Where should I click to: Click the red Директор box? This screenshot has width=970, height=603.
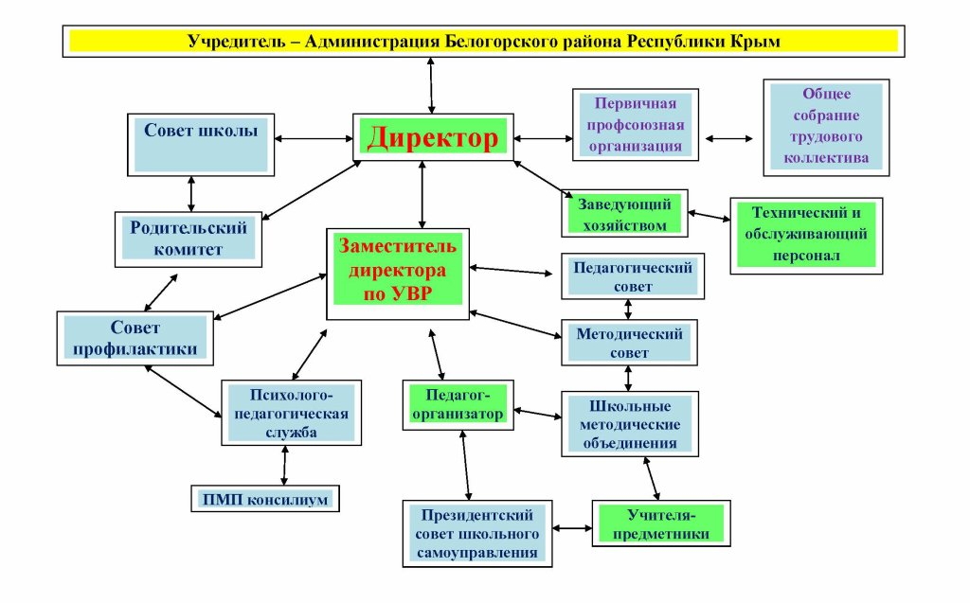(x=432, y=139)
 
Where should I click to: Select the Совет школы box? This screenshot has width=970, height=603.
(x=201, y=143)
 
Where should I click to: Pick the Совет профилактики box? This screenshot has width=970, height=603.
(x=135, y=338)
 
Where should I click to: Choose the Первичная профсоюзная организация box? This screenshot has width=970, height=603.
(x=636, y=124)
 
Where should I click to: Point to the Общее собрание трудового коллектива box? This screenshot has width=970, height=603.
(x=826, y=127)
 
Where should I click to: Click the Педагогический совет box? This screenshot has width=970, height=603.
(x=632, y=276)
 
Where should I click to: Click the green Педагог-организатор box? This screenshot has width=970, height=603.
(x=458, y=404)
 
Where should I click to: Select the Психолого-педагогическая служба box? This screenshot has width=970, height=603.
(x=290, y=413)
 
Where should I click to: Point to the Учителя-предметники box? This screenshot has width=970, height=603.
(x=663, y=523)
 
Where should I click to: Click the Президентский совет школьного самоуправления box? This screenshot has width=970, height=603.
(x=476, y=533)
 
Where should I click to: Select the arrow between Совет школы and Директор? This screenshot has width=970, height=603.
(x=314, y=140)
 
